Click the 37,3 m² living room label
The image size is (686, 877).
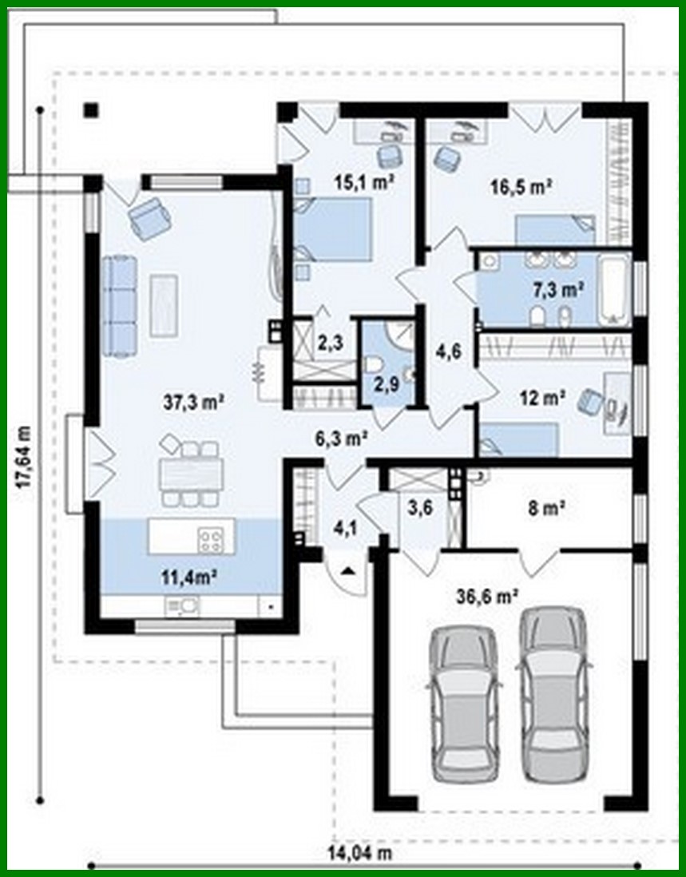point(192,403)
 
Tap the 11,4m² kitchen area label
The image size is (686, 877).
point(192,574)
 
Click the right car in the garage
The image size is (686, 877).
point(554,693)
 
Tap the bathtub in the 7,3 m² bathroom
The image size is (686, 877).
point(613,290)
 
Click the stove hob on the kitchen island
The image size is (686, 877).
point(211,542)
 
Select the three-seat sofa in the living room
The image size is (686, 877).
point(119,305)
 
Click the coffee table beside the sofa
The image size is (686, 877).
point(164,305)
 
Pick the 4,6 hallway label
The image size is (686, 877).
point(448,349)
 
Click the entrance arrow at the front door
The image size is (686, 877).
point(349,570)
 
